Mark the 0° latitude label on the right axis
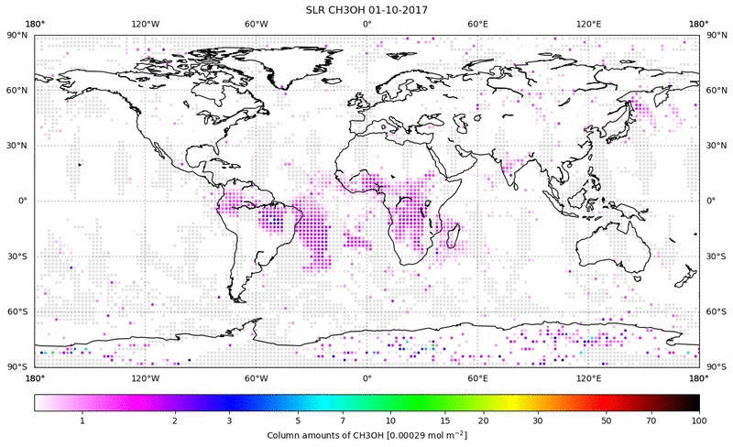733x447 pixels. [x=712, y=201]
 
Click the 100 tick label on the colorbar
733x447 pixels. [x=699, y=420]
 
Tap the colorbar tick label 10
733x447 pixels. [x=390, y=420]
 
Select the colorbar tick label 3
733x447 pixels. [x=229, y=420]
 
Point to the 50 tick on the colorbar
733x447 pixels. [x=607, y=420]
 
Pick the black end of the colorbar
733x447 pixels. [x=695, y=402]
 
